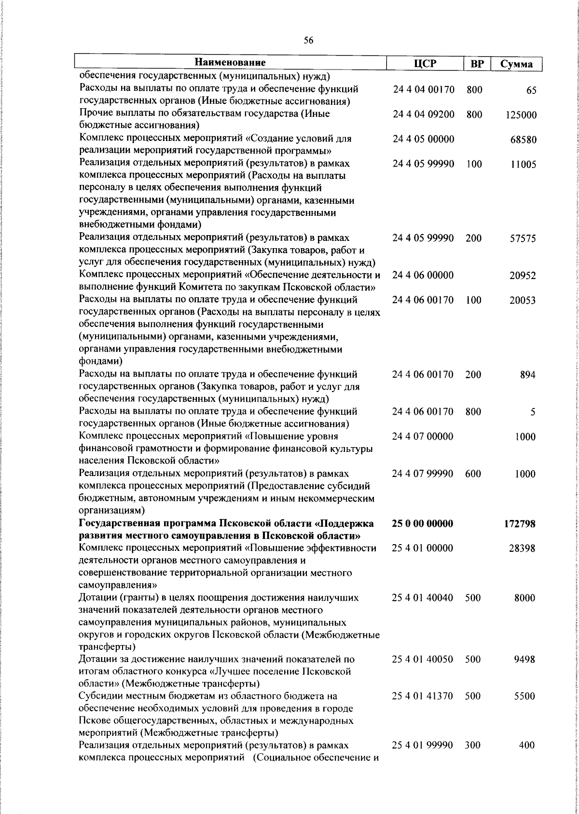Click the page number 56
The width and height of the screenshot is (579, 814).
click(309, 41)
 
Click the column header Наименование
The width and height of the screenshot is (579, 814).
click(231, 63)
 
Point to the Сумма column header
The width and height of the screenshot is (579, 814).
click(516, 64)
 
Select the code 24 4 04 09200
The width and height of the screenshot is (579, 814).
click(424, 114)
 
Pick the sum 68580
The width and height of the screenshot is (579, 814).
click(523, 140)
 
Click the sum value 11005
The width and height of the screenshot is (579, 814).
click(523, 165)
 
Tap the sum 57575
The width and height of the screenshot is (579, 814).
click(523, 239)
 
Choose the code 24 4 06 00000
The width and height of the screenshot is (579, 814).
click(423, 276)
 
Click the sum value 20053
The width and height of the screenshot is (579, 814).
click(523, 301)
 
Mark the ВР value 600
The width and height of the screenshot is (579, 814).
click(473, 474)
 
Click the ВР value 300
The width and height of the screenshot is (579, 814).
click(473, 758)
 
